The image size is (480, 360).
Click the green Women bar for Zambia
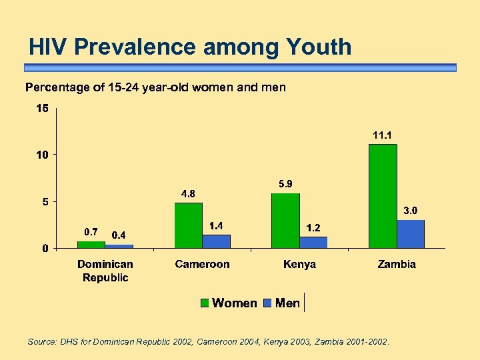pyautogui.click(x=383, y=196)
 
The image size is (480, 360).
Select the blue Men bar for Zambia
pyautogui.click(x=411, y=234)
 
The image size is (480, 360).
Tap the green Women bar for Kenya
pyautogui.click(x=285, y=221)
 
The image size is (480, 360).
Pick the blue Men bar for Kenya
pyautogui.click(x=313, y=242)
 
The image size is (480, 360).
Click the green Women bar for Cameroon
pyautogui.click(x=188, y=225)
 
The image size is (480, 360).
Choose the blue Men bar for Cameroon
pyautogui.click(x=216, y=241)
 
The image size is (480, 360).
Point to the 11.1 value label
pyautogui.click(x=383, y=135)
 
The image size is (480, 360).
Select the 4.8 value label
pyautogui.click(x=188, y=194)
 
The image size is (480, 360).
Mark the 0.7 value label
pyautogui.click(x=91, y=232)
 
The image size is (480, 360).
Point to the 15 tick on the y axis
pyautogui.click(x=42, y=108)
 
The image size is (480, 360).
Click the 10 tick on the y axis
pyautogui.click(x=42, y=155)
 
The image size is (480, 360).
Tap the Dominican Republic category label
pyautogui.click(x=105, y=271)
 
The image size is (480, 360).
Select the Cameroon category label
pyautogui.click(x=202, y=264)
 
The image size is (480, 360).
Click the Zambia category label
pyautogui.click(x=397, y=264)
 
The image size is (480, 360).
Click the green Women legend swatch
pyautogui.click(x=206, y=303)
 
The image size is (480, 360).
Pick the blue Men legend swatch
pyautogui.click(x=268, y=303)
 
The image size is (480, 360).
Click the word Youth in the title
pyautogui.click(x=318, y=47)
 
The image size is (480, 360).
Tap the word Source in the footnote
pyautogui.click(x=41, y=342)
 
